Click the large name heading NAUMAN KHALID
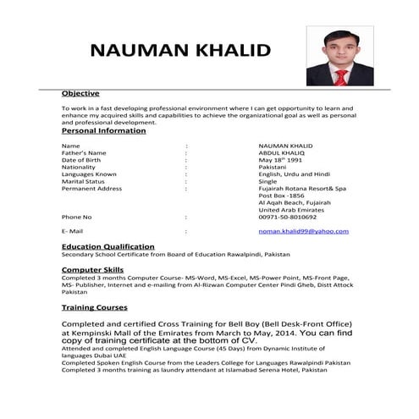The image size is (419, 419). coord(179,48)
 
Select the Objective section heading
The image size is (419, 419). coord(80,93)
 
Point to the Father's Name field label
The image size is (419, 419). coord(84,152)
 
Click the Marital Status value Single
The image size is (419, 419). coord(267,181)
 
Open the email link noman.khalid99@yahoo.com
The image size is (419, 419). coord(304,231)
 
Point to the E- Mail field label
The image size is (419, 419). coord(72,231)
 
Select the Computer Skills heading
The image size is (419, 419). coord(92,269)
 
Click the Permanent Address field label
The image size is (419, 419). coord(91,188)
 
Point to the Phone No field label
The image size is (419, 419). coord(76,217)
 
